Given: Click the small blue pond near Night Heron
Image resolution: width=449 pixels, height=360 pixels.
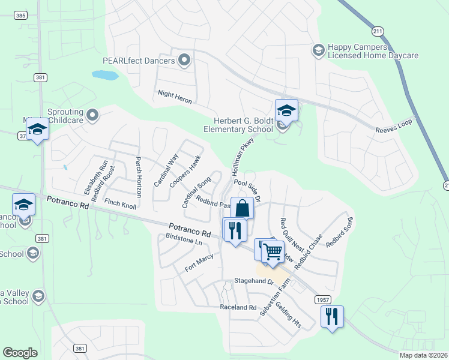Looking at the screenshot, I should coord(105,76).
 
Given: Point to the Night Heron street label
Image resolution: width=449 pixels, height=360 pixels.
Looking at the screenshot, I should coord(175,97).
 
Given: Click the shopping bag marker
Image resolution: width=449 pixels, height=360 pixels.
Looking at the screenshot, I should coord(242,208).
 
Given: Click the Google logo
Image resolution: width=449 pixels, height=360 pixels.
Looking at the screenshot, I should coord(20,353).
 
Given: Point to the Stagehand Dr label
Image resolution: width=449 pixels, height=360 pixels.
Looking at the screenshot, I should coord(254,281).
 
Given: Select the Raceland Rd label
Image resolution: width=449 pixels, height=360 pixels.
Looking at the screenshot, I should coord(238,307).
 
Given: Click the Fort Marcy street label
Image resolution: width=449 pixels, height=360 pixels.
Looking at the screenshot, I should coord(199,265).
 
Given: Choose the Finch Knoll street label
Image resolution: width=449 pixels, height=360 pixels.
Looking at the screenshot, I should coord(120,205).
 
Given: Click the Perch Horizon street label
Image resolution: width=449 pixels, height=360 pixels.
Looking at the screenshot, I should coord(138,177).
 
